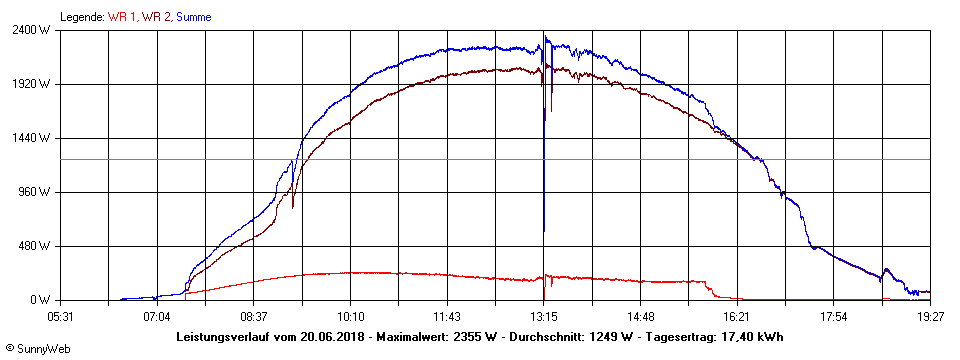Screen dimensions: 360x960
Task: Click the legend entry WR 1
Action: [121, 17]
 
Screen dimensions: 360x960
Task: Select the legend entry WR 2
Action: [156, 17]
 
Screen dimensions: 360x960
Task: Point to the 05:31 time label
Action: [61, 317]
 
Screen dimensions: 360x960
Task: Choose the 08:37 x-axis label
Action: [254, 317]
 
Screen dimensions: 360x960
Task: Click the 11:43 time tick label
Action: [447, 317]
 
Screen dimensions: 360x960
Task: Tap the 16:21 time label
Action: [737, 317]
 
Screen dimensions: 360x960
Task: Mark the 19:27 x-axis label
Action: [930, 317]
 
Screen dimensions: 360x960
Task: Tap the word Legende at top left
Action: [81, 17]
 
